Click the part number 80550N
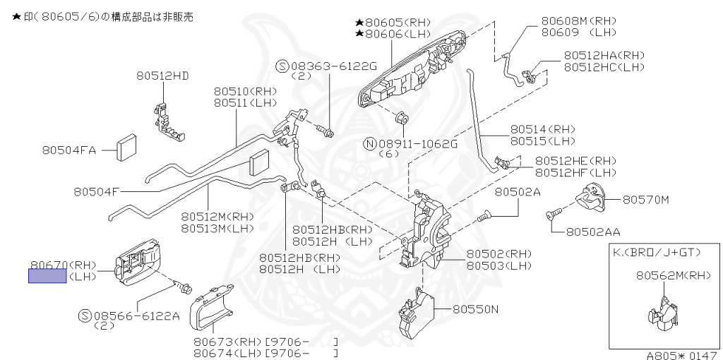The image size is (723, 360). (x=475, y=308)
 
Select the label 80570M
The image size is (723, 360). (x=645, y=200)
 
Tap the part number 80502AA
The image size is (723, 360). (x=593, y=231)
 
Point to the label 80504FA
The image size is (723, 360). (x=68, y=150)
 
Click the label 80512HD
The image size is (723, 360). (x=162, y=76)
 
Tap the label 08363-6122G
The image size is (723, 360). (x=331, y=66)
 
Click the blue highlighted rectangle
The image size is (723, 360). (x=47, y=276)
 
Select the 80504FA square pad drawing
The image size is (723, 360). (x=128, y=146)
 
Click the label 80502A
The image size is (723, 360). (x=517, y=191)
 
